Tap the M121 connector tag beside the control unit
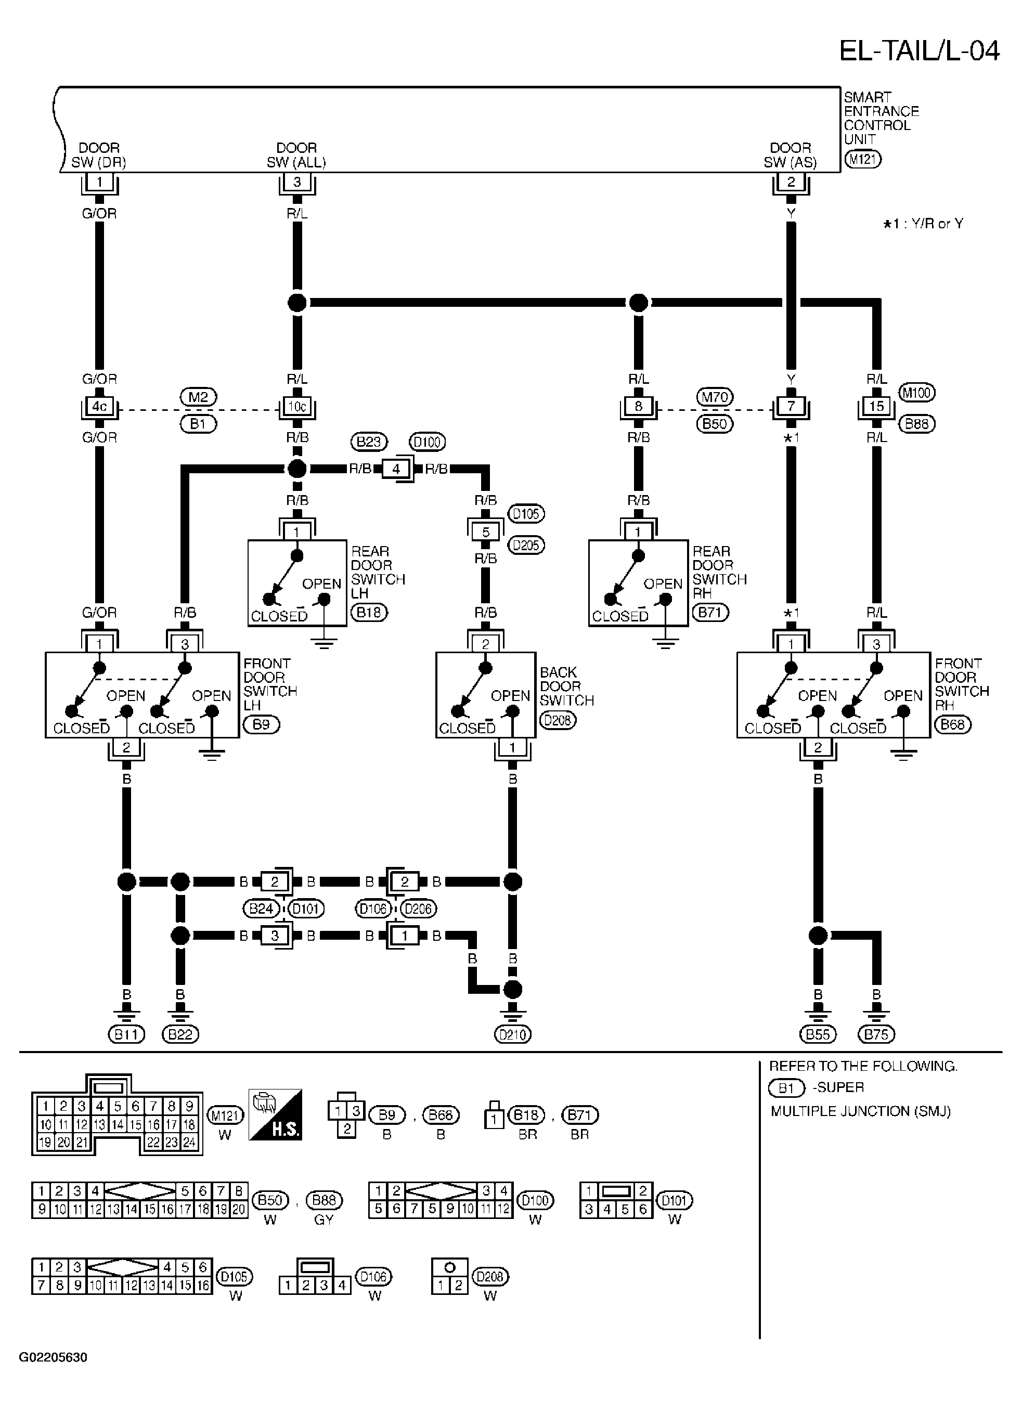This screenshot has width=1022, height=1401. (x=863, y=159)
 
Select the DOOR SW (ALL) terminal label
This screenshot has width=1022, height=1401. (x=296, y=154)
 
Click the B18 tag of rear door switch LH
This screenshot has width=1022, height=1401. (x=369, y=613)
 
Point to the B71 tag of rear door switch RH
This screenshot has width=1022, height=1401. (x=711, y=613)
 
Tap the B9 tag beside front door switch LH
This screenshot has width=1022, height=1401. (x=262, y=724)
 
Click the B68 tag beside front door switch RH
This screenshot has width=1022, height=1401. (x=953, y=724)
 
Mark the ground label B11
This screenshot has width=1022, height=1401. (x=126, y=1034)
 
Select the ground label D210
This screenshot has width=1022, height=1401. (x=513, y=1034)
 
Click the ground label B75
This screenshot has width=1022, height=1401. (x=876, y=1034)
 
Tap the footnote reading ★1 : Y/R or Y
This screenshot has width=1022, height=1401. (x=923, y=224)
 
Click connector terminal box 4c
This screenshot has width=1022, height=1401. (x=99, y=406)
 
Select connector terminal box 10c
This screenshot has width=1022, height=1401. (x=297, y=406)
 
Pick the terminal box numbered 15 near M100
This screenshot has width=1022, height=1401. (x=876, y=406)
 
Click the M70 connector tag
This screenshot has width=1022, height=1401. (x=715, y=396)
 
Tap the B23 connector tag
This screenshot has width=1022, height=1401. (x=369, y=442)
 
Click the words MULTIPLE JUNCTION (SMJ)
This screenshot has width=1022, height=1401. (x=861, y=1111)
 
